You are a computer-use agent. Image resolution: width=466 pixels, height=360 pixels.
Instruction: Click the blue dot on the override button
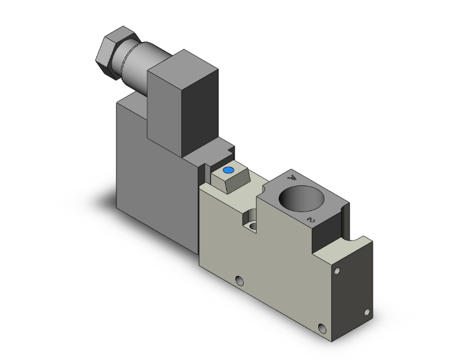coord(228,170)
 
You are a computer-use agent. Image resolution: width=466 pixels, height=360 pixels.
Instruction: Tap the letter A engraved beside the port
coord(291,178)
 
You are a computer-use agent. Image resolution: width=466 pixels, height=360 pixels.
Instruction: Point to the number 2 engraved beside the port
coord(309,220)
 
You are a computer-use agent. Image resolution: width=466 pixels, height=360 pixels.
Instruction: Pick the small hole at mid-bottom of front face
coord(239,280)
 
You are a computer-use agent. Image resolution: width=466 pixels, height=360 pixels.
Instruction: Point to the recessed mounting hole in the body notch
coord(252,225)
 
